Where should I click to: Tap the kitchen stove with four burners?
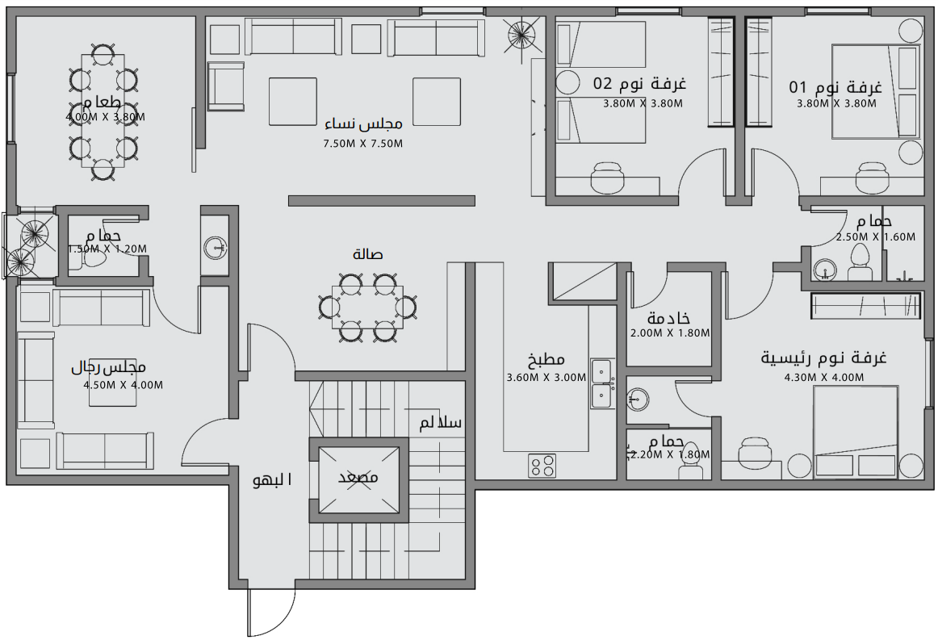click(x=542, y=465)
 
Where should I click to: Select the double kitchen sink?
click(x=601, y=383)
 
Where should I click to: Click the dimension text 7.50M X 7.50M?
click(x=362, y=144)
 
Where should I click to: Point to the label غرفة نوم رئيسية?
click(x=823, y=358)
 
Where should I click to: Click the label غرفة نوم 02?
click(x=639, y=84)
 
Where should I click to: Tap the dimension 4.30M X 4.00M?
click(x=823, y=377)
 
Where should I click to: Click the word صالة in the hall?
click(x=368, y=254)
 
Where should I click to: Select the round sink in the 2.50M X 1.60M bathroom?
click(x=824, y=270)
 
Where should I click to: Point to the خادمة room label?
click(x=668, y=318)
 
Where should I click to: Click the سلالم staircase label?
click(x=440, y=423)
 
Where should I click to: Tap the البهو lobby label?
click(x=273, y=480)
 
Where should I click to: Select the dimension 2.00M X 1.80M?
click(x=669, y=333)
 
